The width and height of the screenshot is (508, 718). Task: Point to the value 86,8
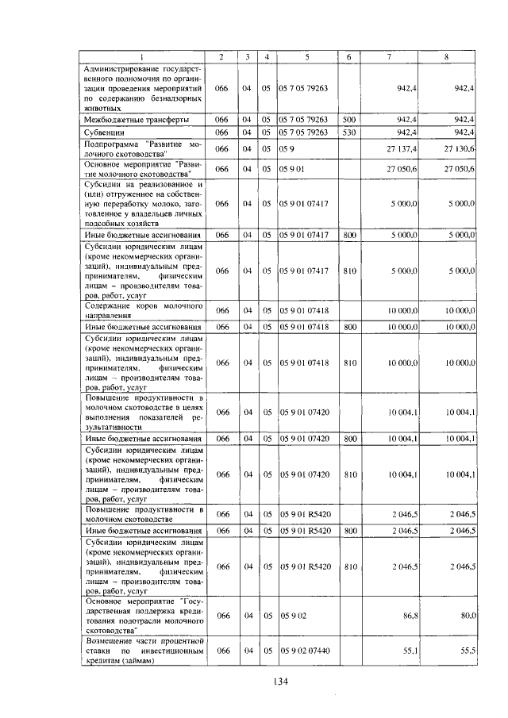tap(410, 615)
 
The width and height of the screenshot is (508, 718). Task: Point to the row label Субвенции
tap(106, 132)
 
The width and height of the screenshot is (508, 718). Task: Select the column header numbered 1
tap(144, 56)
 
